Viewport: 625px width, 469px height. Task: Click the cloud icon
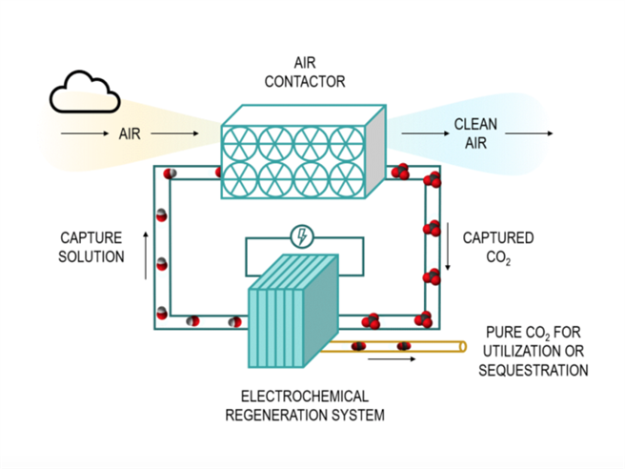pos(86,94)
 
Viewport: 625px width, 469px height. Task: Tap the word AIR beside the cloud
pos(129,134)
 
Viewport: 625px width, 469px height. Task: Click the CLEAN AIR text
pos(475,134)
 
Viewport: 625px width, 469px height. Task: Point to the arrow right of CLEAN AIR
pos(534,134)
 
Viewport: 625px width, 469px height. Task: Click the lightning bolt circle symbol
pos(302,236)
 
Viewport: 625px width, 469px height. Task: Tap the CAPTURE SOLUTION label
pos(92,248)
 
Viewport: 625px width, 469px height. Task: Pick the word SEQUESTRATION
pos(533,370)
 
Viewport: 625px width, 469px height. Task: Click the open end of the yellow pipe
pos(461,344)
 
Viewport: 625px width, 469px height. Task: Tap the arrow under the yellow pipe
pos(391,360)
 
